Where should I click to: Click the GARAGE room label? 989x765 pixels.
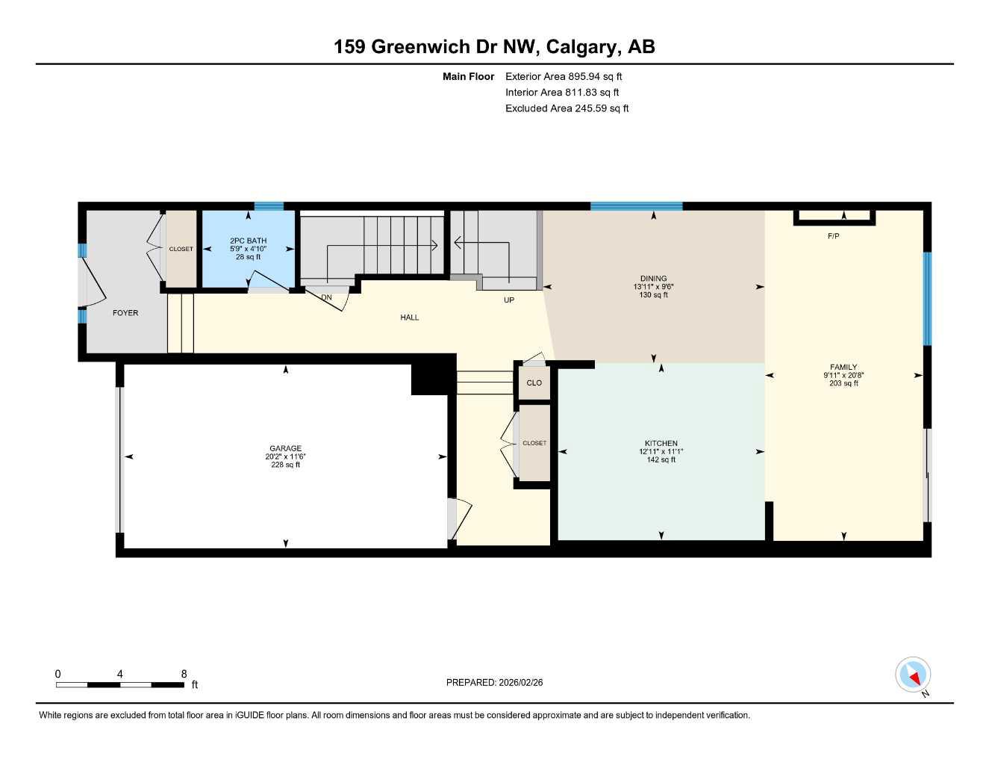pos(285,448)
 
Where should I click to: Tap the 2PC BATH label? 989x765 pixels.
pos(248,241)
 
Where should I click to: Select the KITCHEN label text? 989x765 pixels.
pos(661,443)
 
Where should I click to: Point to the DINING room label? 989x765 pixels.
pos(653,279)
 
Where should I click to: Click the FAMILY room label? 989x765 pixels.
pos(843,367)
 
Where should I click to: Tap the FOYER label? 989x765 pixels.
pos(125,313)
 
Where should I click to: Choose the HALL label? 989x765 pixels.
pos(409,318)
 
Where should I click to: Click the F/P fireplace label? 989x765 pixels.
pos(834,236)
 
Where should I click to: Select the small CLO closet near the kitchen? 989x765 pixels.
pos(534,383)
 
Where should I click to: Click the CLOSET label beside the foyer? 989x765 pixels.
pos(181,249)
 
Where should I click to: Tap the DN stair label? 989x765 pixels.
pos(326,297)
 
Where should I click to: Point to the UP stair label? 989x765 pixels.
pos(509,300)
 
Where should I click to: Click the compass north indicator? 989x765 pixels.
pos(913,675)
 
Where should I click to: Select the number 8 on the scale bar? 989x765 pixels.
pos(184,674)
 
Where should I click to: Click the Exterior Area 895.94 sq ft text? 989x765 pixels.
pos(564,76)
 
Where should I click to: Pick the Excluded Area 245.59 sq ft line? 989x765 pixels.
pos(567,108)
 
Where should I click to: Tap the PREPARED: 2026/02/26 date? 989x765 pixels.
pos(494,682)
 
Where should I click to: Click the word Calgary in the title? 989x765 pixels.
pos(581,46)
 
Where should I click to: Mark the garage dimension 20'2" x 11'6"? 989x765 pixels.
pos(285,456)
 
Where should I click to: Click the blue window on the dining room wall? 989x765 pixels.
pos(636,206)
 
